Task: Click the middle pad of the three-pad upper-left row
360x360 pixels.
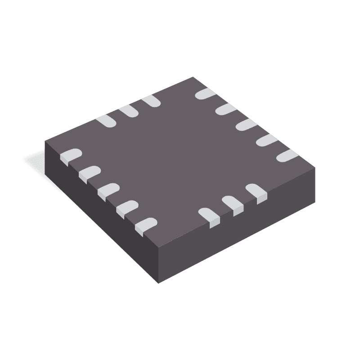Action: pos(129,111)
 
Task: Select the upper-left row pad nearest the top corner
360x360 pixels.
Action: pos(151,102)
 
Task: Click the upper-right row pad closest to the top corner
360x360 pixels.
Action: pos(205,93)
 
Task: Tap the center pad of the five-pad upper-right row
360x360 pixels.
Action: pos(246,124)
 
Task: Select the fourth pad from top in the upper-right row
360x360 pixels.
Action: pos(266,140)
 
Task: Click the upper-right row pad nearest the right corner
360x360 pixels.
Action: pos(287,156)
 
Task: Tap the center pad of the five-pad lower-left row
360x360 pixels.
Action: pos(108,190)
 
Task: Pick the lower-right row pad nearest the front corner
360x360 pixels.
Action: pos(209,215)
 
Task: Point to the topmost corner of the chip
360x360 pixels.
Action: pos(193,77)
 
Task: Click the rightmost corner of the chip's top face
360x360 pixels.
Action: pos(315,168)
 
